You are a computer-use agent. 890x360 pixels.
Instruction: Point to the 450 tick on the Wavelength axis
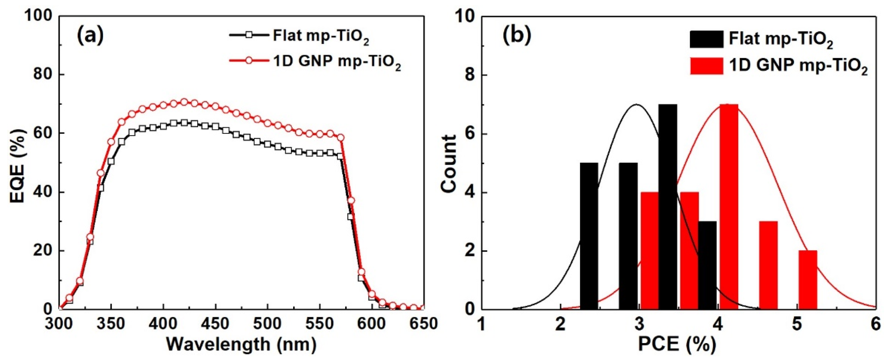coord(216,324)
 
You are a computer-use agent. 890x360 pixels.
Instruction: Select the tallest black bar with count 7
coord(668,207)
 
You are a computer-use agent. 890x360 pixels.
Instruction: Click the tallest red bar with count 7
coord(729,207)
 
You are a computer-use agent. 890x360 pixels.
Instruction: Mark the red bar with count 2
coord(808,280)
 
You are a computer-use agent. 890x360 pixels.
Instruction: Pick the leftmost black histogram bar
coord(589,237)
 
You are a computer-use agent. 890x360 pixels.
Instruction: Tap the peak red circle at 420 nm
coord(184,102)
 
